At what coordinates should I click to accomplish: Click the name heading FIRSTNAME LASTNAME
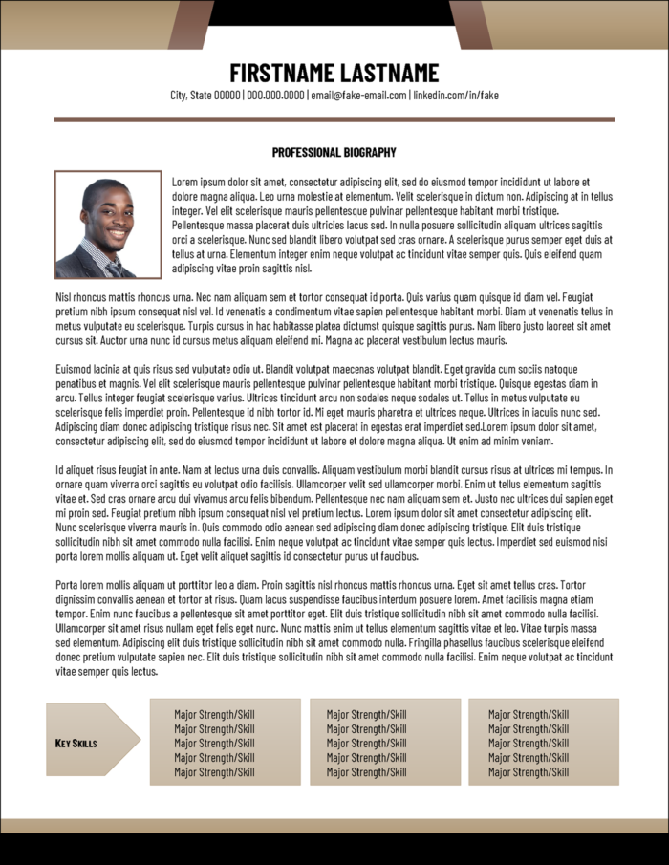pos(334,73)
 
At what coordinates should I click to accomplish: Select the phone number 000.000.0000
pos(275,96)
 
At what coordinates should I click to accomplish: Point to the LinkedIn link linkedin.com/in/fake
pos(456,96)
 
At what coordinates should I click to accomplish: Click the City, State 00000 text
pos(205,96)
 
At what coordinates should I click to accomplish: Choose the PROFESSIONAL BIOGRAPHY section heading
pos(334,152)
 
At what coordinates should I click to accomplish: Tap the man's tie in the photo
pos(113,267)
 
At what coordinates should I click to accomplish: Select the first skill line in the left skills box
pos(214,714)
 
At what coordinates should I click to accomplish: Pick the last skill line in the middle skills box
pos(366,772)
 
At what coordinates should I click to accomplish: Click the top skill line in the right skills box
pos(529,714)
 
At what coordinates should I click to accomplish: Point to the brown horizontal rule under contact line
pos(334,119)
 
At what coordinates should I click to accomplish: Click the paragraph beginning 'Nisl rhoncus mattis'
pos(334,318)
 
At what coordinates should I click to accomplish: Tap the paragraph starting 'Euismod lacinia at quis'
pos(334,405)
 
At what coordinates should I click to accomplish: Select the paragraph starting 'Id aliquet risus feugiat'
pos(334,512)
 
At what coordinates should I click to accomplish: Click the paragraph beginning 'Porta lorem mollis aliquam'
pos(334,628)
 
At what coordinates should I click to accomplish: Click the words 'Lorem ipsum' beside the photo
pos(197,182)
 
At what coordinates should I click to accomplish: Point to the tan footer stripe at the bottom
pos(334,826)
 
